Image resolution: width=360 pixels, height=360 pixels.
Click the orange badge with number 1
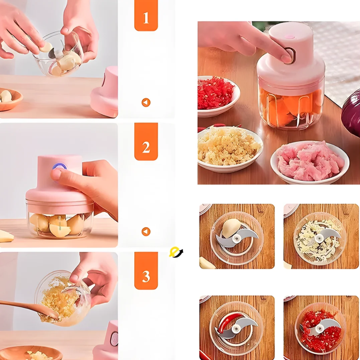pos(146,15)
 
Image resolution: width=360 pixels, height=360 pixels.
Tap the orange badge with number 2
pos(146,142)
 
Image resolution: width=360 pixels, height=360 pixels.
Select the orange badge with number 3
pos(146,271)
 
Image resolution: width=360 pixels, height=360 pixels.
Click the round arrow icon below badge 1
pos(146,103)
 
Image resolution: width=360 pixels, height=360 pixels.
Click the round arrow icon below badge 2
pos(146,231)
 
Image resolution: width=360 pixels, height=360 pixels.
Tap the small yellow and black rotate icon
pos(176,252)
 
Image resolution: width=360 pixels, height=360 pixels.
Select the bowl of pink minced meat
pos(310,162)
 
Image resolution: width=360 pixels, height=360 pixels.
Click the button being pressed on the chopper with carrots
pos(289,56)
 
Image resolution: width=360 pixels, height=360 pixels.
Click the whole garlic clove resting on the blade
pos(231,228)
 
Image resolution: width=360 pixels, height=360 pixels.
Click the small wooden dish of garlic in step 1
pos(10,99)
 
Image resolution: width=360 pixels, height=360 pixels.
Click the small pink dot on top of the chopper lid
pos(290,36)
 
